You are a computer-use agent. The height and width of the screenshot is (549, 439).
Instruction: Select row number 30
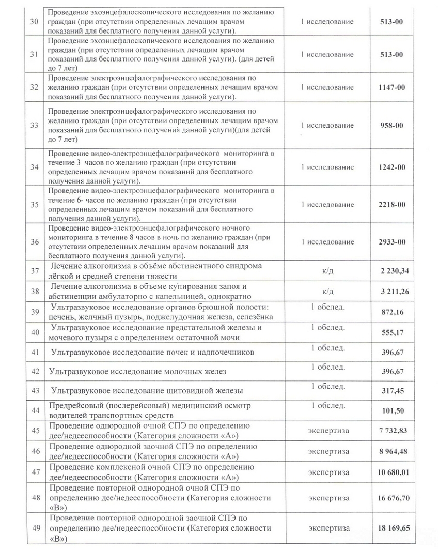click(35, 22)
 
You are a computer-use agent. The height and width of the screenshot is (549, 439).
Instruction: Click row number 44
click(35, 410)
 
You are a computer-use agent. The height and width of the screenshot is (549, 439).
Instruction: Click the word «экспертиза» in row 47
click(329, 472)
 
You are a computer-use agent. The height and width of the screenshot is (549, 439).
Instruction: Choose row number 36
click(35, 242)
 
